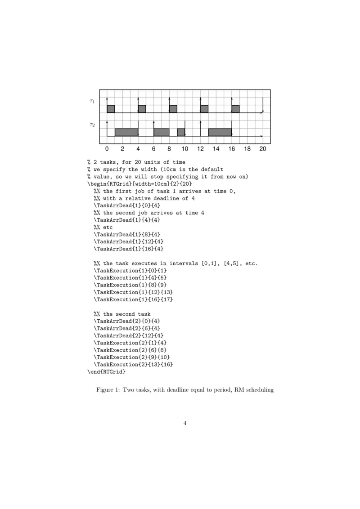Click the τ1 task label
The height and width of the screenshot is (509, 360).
92,101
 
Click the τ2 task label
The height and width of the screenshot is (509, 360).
92,125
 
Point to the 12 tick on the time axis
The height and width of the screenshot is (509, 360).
200,148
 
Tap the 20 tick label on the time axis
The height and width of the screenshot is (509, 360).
263,148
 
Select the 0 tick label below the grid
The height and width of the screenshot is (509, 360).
107,148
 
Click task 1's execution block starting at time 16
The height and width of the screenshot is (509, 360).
235,109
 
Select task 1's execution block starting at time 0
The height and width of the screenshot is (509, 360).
111,109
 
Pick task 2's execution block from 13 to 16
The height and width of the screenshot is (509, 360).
220,132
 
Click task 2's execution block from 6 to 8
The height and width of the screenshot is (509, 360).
162,132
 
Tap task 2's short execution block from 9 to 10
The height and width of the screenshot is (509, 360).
181,132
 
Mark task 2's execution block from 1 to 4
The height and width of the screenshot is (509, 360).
126,132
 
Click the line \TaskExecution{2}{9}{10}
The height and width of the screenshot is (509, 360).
133,357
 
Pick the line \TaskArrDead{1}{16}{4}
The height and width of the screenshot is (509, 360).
126,249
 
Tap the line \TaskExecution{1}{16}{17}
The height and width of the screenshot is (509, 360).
133,299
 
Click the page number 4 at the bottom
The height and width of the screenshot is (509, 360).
185,423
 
